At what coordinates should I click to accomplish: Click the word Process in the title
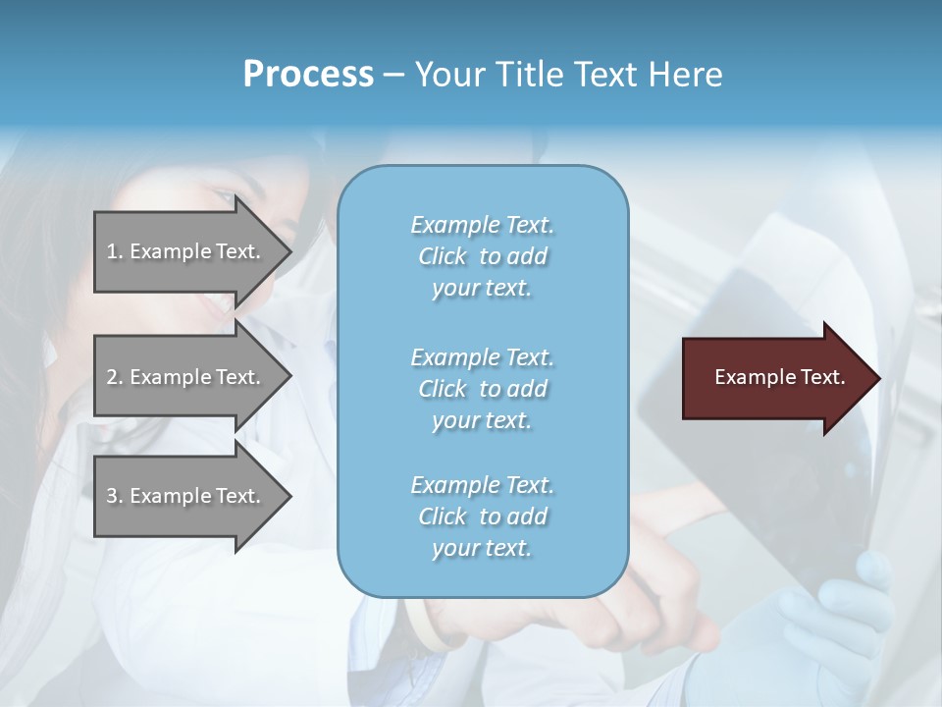click(x=308, y=74)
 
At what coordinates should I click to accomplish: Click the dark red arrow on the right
click(x=775, y=378)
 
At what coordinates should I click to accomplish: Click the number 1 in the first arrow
click(x=112, y=251)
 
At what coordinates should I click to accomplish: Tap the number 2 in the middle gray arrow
click(x=112, y=377)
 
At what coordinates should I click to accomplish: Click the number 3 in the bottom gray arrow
click(x=112, y=496)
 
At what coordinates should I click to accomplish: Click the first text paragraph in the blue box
click(x=482, y=256)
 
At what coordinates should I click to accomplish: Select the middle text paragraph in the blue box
click(x=482, y=388)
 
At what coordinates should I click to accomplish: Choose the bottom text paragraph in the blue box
click(x=482, y=517)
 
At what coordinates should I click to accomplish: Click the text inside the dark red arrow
click(x=780, y=377)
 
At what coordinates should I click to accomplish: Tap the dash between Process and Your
click(x=393, y=75)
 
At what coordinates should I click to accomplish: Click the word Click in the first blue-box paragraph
click(x=443, y=256)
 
